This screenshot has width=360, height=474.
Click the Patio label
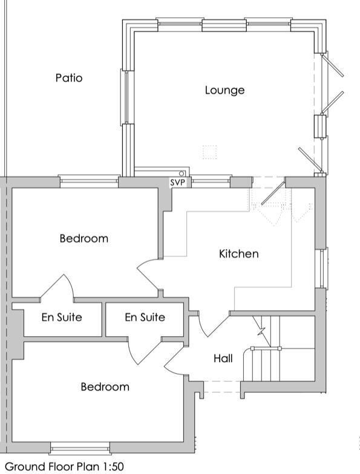[x=69, y=78]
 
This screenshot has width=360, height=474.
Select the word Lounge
[x=224, y=90]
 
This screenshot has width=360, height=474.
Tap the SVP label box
[x=177, y=183]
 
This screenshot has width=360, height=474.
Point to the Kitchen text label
[x=238, y=254]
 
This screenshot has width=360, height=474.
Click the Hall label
[x=223, y=359]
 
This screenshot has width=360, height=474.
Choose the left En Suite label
[x=62, y=317]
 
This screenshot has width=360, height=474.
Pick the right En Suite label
[x=145, y=317]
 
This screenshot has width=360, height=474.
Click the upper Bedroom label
[x=83, y=238]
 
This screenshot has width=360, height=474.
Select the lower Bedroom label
[x=105, y=387]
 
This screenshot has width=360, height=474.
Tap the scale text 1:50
[x=111, y=467]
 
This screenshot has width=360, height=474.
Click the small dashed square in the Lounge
[x=209, y=152]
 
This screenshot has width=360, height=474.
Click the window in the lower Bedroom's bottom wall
[x=80, y=448]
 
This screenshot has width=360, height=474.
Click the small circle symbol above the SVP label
[x=182, y=174]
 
